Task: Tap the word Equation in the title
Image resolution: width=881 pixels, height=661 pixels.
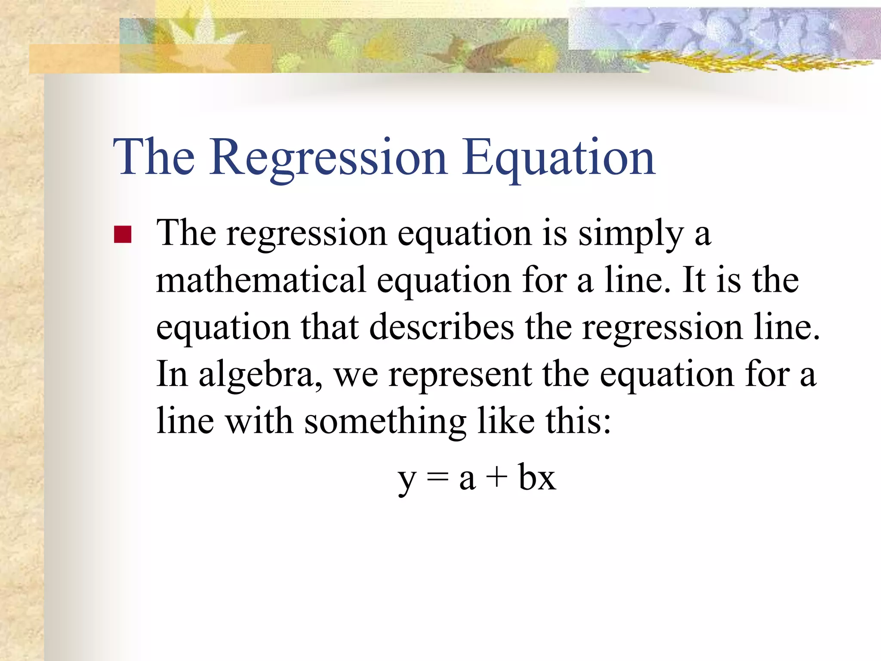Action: tap(558, 158)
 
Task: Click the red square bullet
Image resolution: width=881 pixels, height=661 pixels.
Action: tap(123, 235)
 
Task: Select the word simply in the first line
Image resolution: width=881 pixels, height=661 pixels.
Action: tap(631, 235)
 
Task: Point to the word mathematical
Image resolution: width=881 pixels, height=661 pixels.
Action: tap(261, 281)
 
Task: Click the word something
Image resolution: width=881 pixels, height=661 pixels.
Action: tap(385, 422)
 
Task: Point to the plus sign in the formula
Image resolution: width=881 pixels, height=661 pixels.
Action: tap(497, 478)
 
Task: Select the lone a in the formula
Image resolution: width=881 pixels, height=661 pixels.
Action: tap(467, 480)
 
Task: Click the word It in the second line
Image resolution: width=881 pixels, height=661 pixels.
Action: tap(693, 281)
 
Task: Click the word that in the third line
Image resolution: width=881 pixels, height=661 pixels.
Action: tap(330, 327)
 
